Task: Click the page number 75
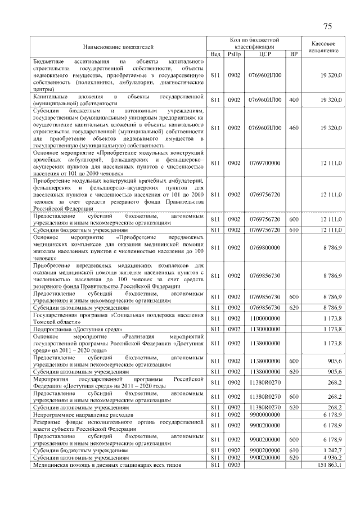(x=328, y=26)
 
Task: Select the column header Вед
(x=215, y=54)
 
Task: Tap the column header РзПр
(x=235, y=54)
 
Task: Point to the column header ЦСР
(x=265, y=54)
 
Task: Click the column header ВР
(x=293, y=54)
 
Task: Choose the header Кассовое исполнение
(x=323, y=47)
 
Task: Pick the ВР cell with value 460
(x=293, y=128)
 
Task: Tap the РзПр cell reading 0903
(x=235, y=466)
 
